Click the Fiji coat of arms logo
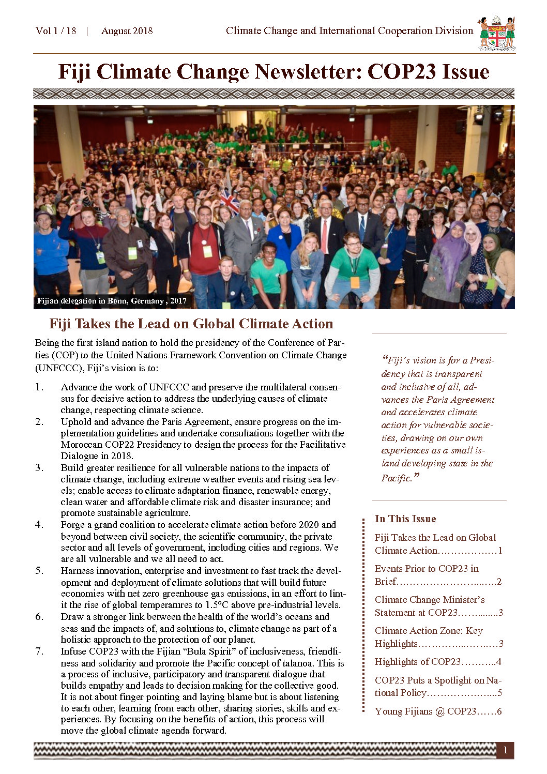coord(496,34)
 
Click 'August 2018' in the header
coord(127,31)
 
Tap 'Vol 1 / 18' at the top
coord(56,31)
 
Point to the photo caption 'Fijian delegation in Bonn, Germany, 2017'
coord(111,301)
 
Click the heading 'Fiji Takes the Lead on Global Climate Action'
coord(191,324)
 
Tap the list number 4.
coord(39,525)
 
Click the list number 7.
coord(39,651)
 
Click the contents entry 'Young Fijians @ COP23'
coord(438,711)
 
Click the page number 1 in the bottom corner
coord(505,751)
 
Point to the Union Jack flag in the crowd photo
coord(229,201)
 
